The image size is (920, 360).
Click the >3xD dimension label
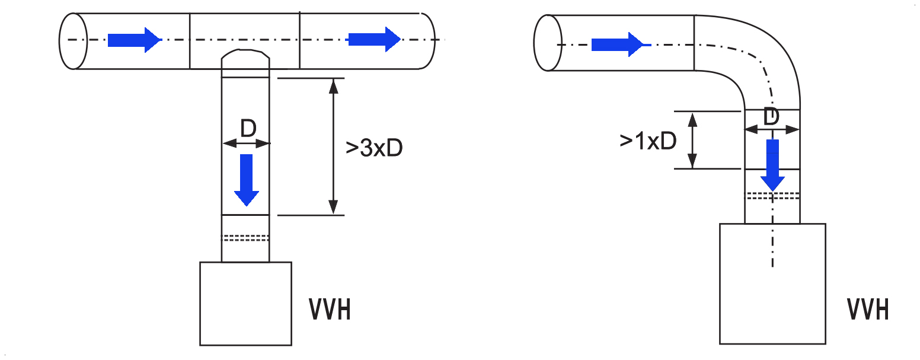click(373, 148)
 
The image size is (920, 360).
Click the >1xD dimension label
click(648, 141)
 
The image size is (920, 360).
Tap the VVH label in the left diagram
click(330, 310)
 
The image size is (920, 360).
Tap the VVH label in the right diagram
click(868, 310)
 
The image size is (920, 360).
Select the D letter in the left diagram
click(248, 128)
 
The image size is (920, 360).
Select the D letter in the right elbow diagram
click(771, 117)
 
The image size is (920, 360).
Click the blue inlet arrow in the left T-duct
click(135, 40)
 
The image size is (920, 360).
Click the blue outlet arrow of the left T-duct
click(375, 40)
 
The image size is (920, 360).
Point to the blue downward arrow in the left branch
click(247, 180)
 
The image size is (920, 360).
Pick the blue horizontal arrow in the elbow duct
click(621, 44)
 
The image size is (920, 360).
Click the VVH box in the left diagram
click(245, 304)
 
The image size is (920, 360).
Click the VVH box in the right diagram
click(772, 283)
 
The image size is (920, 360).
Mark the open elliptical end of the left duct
click(74, 41)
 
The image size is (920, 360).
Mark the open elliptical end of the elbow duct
click(548, 43)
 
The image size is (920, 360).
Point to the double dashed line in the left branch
click(245, 238)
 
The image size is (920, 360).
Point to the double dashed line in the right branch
click(772, 196)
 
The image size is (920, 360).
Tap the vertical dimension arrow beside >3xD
click(334, 146)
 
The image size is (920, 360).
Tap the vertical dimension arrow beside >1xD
click(692, 140)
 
